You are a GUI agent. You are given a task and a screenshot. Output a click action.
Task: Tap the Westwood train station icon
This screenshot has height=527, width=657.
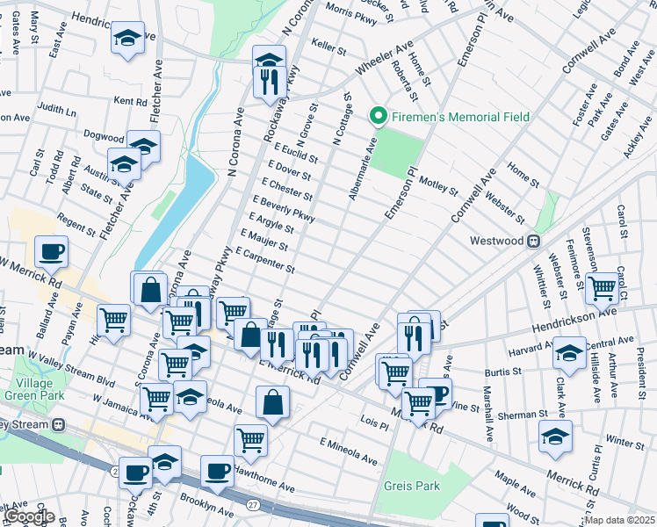[x=532, y=241]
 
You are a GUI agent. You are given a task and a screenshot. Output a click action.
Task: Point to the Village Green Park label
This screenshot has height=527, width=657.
[x=32, y=389]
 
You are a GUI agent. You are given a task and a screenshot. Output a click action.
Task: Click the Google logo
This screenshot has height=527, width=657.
[x=29, y=516]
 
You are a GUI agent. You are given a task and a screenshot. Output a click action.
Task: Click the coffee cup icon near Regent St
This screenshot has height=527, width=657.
[x=51, y=252]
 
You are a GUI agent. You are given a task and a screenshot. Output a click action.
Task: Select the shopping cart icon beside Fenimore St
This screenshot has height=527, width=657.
[x=602, y=286]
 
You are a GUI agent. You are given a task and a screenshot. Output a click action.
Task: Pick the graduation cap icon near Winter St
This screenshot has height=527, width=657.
[x=555, y=436]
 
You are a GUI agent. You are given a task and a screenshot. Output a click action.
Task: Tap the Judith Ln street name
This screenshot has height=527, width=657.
[x=56, y=111]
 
